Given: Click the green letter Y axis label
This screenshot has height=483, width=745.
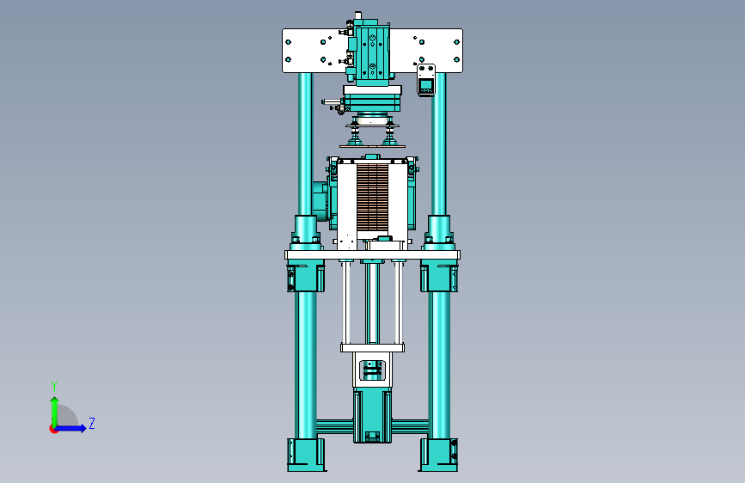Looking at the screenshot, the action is point(54,386).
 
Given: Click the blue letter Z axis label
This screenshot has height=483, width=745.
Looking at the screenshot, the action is point(92,423).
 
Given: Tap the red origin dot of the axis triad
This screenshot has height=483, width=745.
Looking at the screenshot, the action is point(53,429).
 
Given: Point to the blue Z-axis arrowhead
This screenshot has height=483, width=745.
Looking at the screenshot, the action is point(82,428).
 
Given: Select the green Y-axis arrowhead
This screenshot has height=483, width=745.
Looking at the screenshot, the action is point(55,400).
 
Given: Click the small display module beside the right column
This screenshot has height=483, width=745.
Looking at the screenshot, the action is point(426,80).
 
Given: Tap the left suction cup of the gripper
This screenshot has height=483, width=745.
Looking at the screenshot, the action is point(354,134).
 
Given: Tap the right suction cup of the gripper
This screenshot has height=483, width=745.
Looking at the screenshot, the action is point(391,134).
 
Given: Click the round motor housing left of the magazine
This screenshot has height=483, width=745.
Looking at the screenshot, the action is point(321,202).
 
